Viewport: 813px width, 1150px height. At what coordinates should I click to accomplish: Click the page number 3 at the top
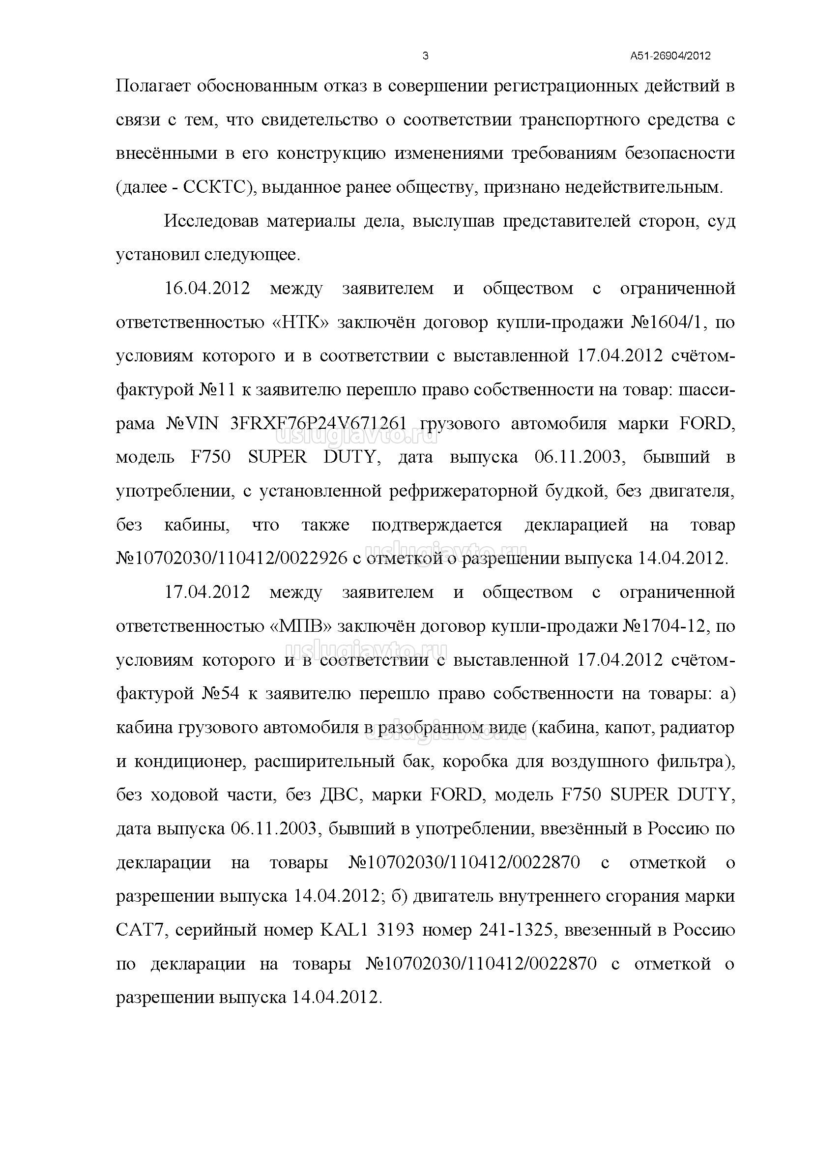tap(426, 56)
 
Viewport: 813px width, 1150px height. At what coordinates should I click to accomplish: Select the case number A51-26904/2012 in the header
tap(670, 56)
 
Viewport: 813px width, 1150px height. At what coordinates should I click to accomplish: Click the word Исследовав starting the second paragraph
tap(211, 221)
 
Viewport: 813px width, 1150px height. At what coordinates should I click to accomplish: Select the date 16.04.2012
tap(207, 289)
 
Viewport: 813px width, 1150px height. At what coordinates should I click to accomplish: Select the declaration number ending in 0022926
tap(232, 559)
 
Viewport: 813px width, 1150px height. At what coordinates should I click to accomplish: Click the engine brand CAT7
tap(137, 930)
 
